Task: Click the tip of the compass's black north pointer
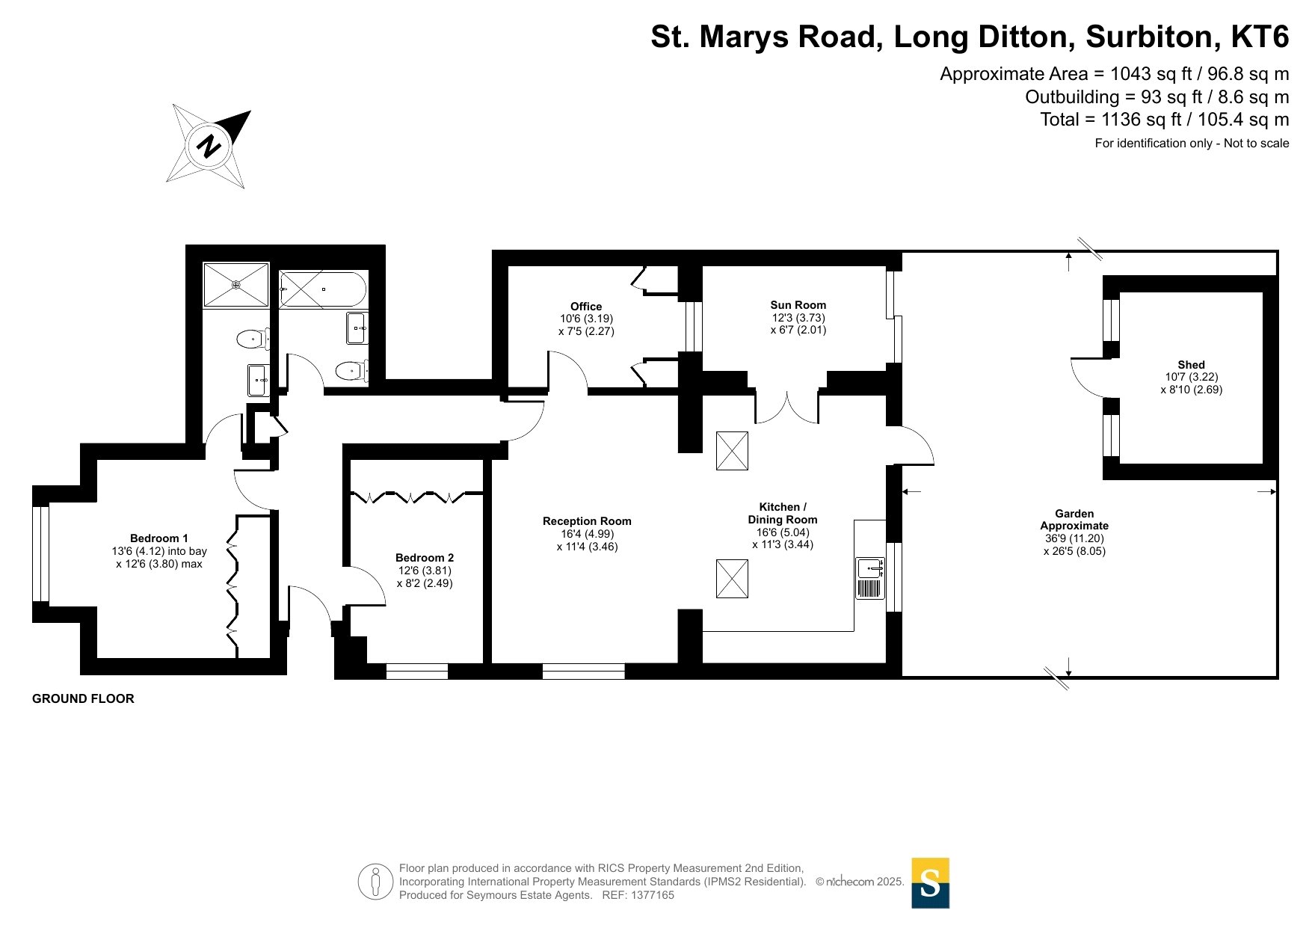pyautogui.click(x=250, y=111)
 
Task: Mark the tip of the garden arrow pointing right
pyautogui.click(x=1276, y=491)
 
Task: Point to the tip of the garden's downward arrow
pyautogui.click(x=1069, y=676)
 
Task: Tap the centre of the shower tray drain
pyautogui.click(x=235, y=284)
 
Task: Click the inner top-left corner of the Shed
pyautogui.click(x=1120, y=292)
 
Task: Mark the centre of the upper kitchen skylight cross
pyautogui.click(x=732, y=451)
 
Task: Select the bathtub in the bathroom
pyautogui.click(x=323, y=289)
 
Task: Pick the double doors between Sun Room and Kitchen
pyautogui.click(x=787, y=408)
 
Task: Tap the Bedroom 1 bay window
pyautogui.click(x=41, y=554)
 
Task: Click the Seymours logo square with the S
pyautogui.click(x=930, y=883)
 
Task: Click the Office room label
pyautogui.click(x=586, y=307)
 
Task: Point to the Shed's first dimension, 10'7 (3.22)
pyautogui.click(x=1192, y=377)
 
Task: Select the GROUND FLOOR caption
pyautogui.click(x=83, y=698)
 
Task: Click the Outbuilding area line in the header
pyautogui.click(x=1157, y=97)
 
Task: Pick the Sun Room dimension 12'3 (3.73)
pyautogui.click(x=798, y=317)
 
